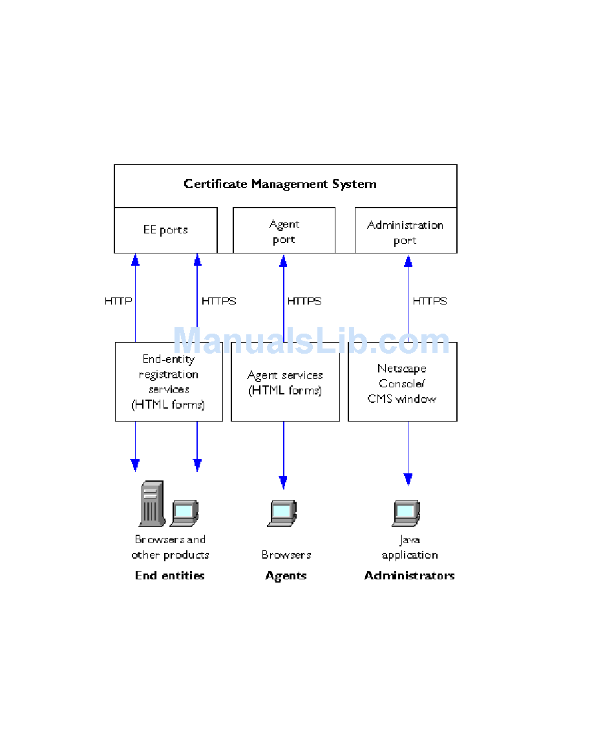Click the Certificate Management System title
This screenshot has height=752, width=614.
tap(280, 184)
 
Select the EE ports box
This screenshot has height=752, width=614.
tap(165, 230)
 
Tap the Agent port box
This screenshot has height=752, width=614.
tap(284, 231)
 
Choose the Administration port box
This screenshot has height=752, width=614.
tap(405, 232)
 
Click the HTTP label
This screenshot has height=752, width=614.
tap(118, 301)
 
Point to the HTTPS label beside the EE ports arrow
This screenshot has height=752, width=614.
tap(219, 301)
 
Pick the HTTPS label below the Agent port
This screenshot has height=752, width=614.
tap(304, 301)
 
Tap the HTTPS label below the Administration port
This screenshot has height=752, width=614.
tap(430, 301)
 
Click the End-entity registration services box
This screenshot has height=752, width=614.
tap(169, 382)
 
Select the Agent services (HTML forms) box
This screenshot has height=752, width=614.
tap(285, 383)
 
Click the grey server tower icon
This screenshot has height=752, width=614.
tap(151, 504)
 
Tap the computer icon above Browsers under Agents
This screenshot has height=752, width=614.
tap(282, 512)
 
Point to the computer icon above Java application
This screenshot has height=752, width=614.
tap(407, 512)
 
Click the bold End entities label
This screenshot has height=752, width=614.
tap(169, 575)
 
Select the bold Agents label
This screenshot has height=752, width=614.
tap(286, 575)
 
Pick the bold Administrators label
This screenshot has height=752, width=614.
tap(409, 575)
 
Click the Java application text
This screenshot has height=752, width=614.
tap(410, 548)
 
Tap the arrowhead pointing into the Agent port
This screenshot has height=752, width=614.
tap(283, 261)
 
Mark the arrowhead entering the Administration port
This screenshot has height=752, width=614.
tap(408, 261)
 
